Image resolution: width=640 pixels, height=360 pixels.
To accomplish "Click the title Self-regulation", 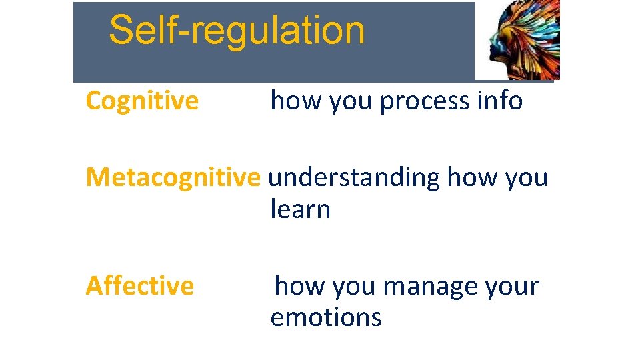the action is point(237,31).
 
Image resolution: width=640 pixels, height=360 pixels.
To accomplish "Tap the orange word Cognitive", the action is point(142,101).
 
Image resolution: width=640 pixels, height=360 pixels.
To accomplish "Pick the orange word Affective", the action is point(140,286).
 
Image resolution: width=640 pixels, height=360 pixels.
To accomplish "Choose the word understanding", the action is point(353,178).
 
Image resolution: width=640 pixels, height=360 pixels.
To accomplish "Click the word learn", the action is point(300,209).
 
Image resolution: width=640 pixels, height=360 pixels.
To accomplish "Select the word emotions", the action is point(325,317).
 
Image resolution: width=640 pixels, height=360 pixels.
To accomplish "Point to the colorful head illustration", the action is point(523,40).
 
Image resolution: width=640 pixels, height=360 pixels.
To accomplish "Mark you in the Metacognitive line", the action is point(527,178).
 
